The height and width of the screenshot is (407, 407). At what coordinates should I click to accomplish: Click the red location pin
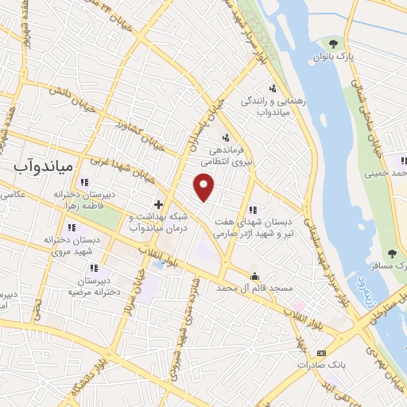pyautogui.click(x=204, y=187)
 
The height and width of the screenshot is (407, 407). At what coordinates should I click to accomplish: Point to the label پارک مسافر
pyautogui.click(x=390, y=269)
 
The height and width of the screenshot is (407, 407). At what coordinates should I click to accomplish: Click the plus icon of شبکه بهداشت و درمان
pyautogui.click(x=159, y=204)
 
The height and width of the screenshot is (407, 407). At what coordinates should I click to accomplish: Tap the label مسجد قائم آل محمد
pyautogui.click(x=254, y=289)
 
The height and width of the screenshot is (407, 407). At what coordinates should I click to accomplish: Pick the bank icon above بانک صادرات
pyautogui.click(x=321, y=352)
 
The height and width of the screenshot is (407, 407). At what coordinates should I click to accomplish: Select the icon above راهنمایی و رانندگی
pyautogui.click(x=273, y=88)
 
